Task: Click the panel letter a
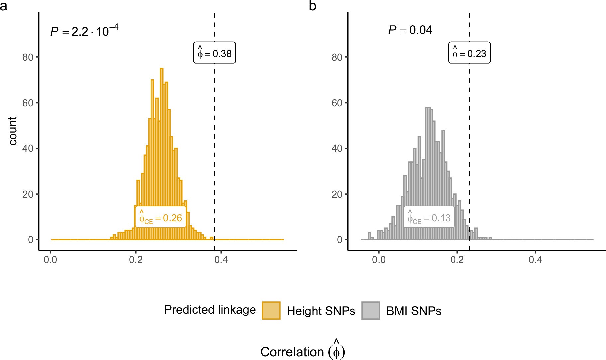[x=3, y=6]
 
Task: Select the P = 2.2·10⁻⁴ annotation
[x=84, y=31]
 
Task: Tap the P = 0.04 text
[x=410, y=30]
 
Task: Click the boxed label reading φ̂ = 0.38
[x=215, y=53]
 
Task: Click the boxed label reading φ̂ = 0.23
[x=469, y=53]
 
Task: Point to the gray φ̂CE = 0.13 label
[x=429, y=218]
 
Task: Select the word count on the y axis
[x=13, y=131]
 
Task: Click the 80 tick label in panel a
[x=28, y=57]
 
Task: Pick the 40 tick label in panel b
[x=337, y=148]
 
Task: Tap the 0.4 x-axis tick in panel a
[x=221, y=259]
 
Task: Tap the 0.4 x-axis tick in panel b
[x=535, y=259]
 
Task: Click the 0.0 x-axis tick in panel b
[x=379, y=259]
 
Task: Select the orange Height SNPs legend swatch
[x=271, y=310]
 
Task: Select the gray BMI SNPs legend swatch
[x=370, y=310]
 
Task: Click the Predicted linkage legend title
[x=210, y=310]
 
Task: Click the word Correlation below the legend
[x=292, y=352]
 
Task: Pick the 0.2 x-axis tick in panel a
[x=136, y=259]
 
